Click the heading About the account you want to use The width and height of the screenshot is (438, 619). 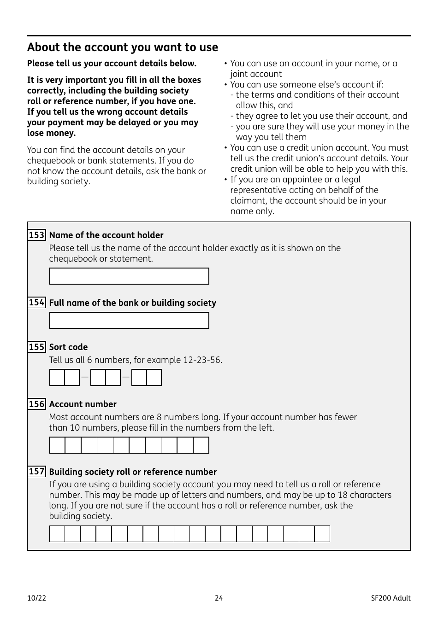[123, 47]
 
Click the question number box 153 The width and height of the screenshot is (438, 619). [37, 235]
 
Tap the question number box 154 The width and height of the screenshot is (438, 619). [37, 303]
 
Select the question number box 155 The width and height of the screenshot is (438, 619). [37, 347]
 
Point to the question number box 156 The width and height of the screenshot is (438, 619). [37, 404]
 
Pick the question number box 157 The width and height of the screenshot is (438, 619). [37, 472]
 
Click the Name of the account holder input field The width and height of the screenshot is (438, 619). [129, 276]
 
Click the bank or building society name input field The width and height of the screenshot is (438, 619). [129, 321]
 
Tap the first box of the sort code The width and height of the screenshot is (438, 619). [57, 378]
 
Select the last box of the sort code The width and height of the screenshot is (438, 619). [154, 378]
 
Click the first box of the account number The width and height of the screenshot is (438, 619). [57, 445]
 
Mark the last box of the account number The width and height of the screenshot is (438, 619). [201, 445]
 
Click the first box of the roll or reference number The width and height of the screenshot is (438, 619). [57, 534]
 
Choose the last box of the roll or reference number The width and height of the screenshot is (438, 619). [322, 534]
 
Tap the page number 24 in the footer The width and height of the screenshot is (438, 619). [219, 598]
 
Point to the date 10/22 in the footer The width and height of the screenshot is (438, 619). [37, 598]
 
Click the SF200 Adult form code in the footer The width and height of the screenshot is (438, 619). [391, 598]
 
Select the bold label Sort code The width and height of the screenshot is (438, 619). [68, 347]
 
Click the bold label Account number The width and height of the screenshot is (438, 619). [83, 404]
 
